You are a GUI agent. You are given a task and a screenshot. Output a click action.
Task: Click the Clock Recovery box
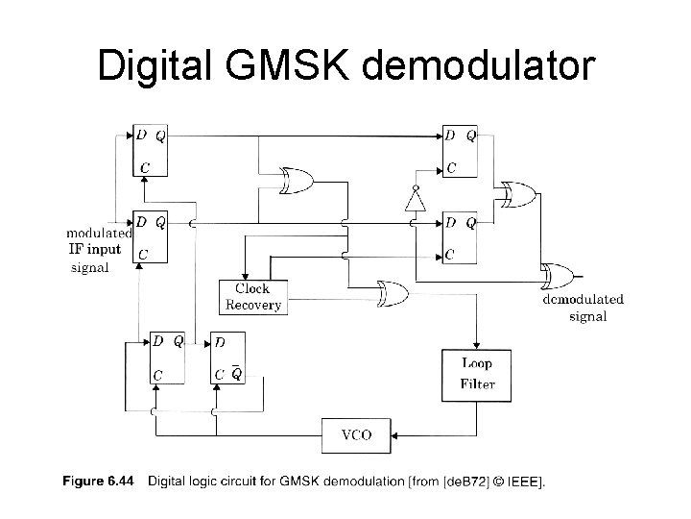point(252,296)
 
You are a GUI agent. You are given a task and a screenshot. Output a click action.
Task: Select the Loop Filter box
point(477,375)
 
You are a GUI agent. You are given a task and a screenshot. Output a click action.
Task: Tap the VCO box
point(354,434)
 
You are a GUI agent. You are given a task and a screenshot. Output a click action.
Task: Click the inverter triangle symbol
point(415,199)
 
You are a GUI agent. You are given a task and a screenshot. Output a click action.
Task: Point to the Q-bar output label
point(236,374)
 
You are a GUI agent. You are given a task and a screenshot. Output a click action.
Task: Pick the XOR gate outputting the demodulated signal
point(557,275)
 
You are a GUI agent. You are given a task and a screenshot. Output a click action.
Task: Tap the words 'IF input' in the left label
point(93,250)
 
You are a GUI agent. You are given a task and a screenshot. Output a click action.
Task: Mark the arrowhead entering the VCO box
point(394,434)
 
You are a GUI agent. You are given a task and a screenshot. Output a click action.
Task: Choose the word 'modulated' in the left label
point(99,234)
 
